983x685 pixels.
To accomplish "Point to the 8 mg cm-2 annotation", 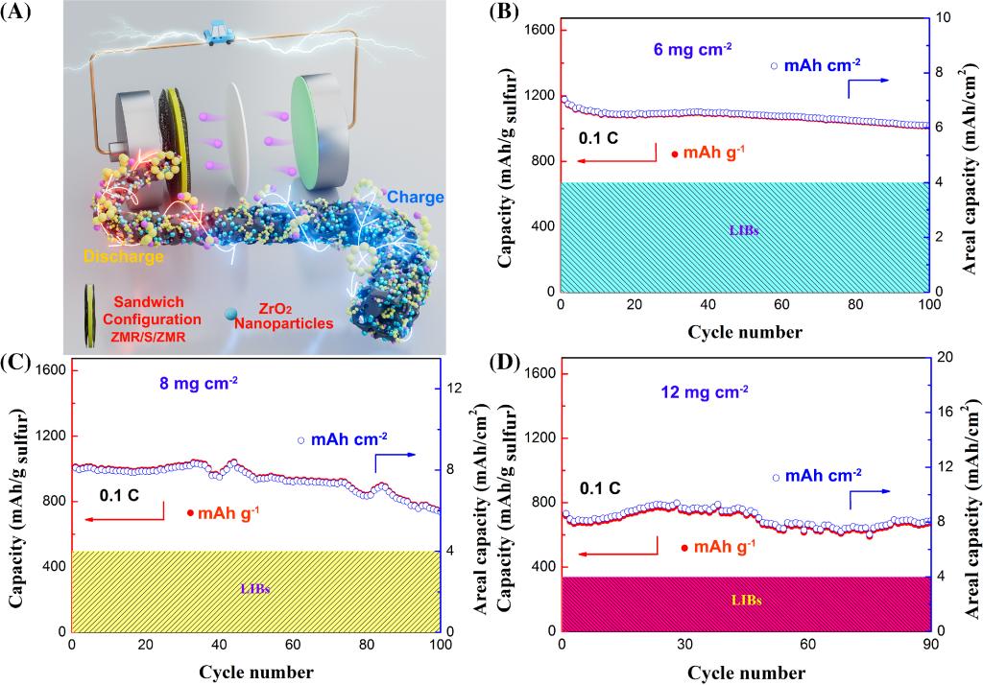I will click(199, 384).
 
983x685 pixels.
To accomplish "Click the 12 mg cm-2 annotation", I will click(705, 391).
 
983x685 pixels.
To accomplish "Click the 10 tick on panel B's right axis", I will click(944, 18).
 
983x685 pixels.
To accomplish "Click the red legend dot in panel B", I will click(675, 154).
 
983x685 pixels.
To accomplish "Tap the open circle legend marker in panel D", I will click(776, 477).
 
